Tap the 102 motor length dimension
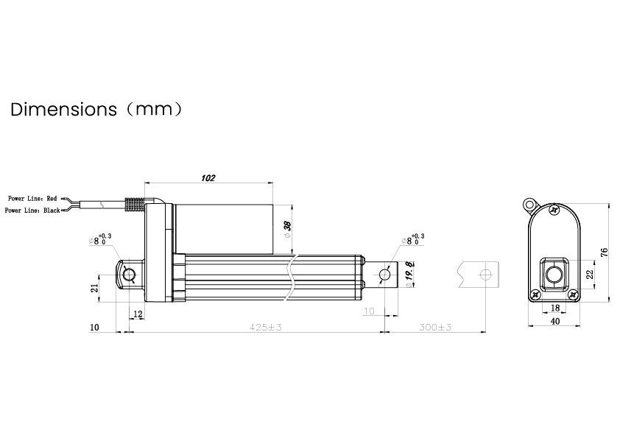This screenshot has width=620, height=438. click(208, 177)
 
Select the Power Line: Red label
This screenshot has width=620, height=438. click(32, 199)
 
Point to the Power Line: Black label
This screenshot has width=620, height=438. click(32, 211)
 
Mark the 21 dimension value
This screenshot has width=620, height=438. click(94, 288)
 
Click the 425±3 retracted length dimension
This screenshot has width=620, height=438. click(266, 326)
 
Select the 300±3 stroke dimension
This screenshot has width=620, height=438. click(434, 326)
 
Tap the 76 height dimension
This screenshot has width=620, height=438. click(604, 252)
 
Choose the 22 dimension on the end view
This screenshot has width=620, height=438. click(588, 274)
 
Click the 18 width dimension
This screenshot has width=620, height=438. click(554, 308)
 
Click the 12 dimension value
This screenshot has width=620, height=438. click(138, 314)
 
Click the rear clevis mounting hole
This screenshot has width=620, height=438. click(129, 275)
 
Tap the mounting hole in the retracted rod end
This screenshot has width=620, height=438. click(384, 275)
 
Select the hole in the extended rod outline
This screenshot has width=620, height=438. click(485, 275)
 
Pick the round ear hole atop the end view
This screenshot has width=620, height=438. click(529, 202)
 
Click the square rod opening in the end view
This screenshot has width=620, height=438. click(554, 275)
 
